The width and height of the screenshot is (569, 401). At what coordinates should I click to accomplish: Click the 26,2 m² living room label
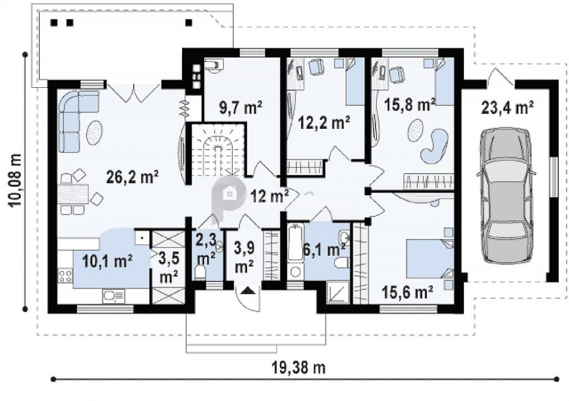[x=133, y=177]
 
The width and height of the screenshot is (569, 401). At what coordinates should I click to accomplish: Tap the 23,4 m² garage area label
[x=507, y=107]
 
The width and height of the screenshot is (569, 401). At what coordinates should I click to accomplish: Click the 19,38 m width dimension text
[x=298, y=368]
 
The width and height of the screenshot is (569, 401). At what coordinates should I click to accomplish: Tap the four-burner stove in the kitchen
[x=65, y=275]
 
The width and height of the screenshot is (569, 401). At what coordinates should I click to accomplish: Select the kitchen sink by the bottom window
[x=114, y=296]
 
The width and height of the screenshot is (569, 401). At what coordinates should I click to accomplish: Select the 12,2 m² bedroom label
[x=324, y=123]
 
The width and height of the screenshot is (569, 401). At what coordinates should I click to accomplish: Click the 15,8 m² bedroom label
[x=410, y=105]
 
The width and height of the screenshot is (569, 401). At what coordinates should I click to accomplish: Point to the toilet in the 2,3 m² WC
[x=200, y=273]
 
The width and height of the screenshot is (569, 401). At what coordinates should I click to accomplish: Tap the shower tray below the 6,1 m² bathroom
[x=338, y=292]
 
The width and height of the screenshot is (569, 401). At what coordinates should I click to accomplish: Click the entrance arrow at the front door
[x=248, y=290]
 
